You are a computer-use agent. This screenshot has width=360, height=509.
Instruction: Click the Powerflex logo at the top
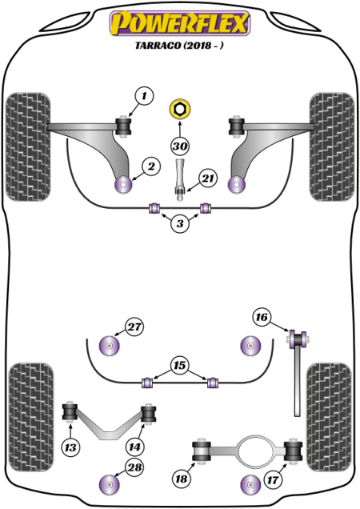tap(179, 24)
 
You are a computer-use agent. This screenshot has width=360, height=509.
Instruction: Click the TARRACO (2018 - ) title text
tap(180, 47)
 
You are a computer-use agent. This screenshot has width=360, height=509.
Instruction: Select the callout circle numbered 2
tap(150, 166)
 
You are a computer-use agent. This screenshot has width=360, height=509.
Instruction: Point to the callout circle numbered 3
tap(180, 225)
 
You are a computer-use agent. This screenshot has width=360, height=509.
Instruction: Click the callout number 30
tap(180, 146)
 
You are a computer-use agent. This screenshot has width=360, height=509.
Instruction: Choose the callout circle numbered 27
tap(134, 327)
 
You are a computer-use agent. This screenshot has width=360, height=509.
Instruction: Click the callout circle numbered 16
tap(262, 317)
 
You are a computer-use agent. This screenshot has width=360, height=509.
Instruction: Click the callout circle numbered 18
tap(182, 478)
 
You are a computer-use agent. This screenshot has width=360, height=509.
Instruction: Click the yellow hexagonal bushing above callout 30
tap(180, 108)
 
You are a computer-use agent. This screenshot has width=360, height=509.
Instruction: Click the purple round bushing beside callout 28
tap(107, 484)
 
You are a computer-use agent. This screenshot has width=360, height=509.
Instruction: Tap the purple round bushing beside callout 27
tap(107, 346)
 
